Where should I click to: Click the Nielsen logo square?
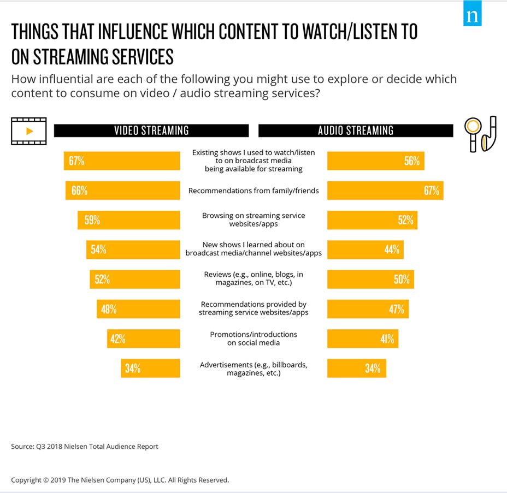[x=473, y=17]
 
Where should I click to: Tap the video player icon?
[x=29, y=131]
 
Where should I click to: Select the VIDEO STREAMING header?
[x=151, y=130]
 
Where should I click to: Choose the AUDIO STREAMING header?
[x=356, y=130]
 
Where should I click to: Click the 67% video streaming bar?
[x=122, y=161]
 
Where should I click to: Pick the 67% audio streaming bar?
[x=385, y=191]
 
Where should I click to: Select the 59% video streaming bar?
[x=129, y=220]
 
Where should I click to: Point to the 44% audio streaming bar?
[x=365, y=250]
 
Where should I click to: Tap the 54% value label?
[x=99, y=250]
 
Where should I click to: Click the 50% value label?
[x=402, y=280]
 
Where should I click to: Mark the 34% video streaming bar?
[x=150, y=368]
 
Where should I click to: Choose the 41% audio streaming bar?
[x=363, y=338]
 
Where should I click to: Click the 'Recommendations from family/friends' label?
[x=253, y=191]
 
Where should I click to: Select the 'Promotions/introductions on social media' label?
[x=253, y=338]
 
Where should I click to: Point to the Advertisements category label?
[x=253, y=369]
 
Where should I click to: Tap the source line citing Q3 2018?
[x=85, y=447]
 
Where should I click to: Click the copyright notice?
[x=120, y=480]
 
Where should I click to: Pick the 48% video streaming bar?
[x=138, y=309]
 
